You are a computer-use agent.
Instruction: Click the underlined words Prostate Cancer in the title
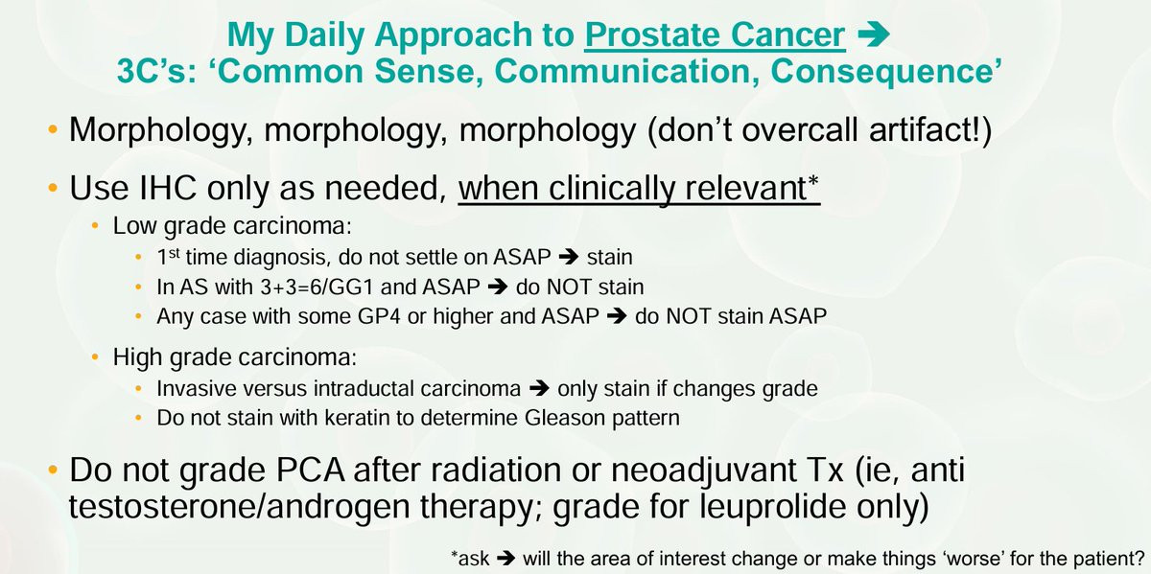pos(715,34)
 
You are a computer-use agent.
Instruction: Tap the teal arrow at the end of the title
pos(874,34)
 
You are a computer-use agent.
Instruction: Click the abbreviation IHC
pos(168,188)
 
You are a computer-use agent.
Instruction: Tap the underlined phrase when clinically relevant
pos(632,189)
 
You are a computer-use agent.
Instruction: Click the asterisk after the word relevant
pos(813,181)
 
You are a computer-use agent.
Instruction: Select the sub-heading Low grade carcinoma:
pos(232,226)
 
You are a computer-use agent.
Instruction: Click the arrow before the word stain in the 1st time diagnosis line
pos(568,257)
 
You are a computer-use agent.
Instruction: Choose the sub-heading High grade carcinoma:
pos(235,356)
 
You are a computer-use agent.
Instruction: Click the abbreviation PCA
pos(310,470)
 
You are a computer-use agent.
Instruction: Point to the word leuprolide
pos(774,506)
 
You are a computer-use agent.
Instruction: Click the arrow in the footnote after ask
pos(505,559)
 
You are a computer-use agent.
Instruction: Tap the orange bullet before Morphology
pos(53,129)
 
